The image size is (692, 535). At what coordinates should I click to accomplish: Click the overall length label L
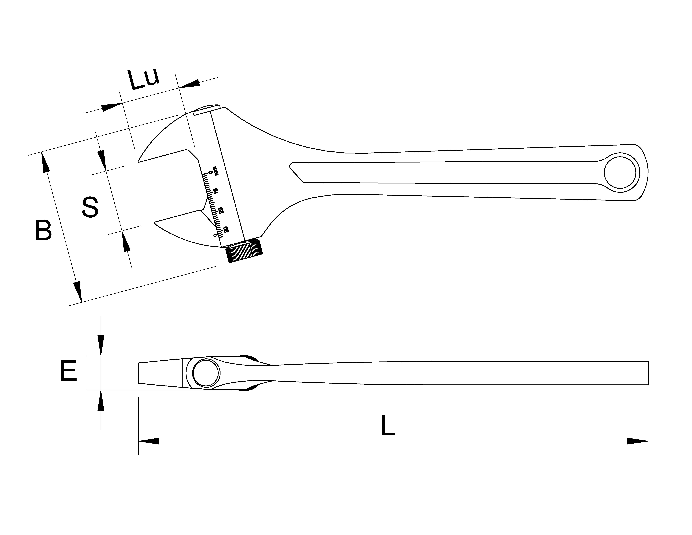388,425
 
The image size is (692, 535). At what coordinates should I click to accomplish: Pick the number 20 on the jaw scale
221,210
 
